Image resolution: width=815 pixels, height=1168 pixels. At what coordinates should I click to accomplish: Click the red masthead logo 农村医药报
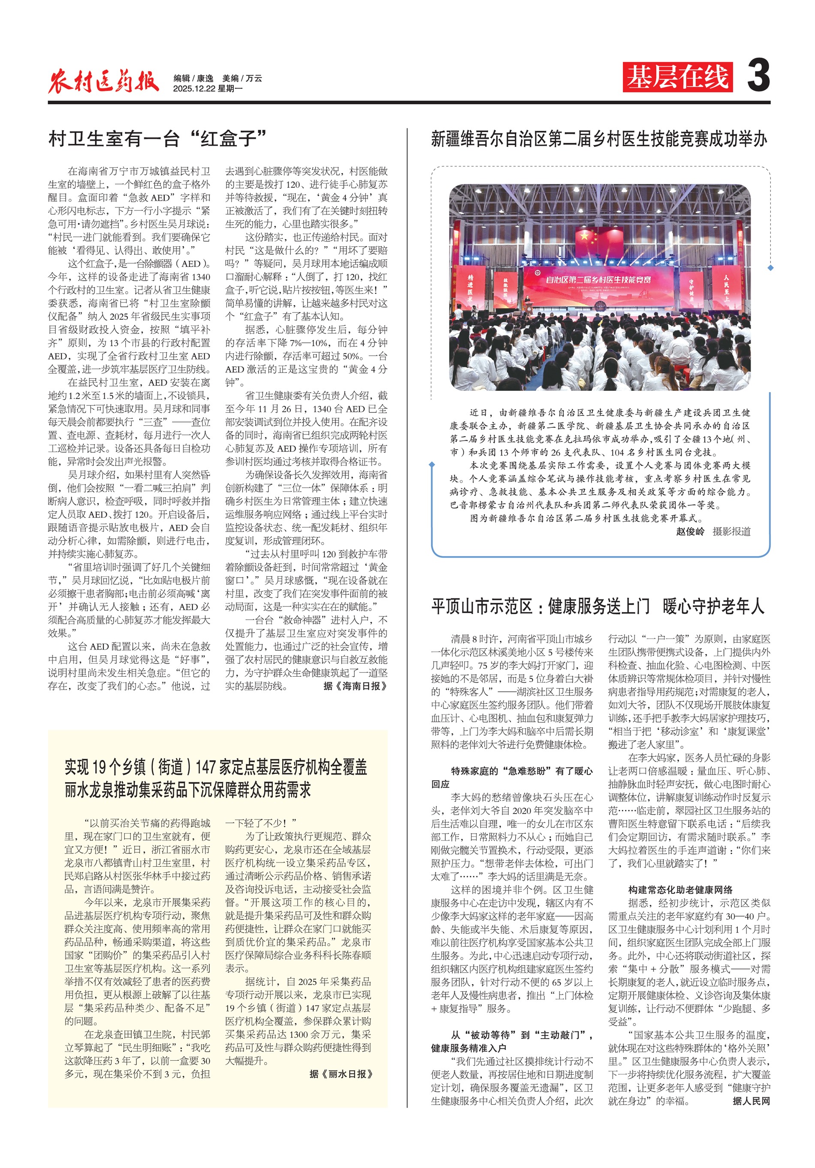click(x=103, y=81)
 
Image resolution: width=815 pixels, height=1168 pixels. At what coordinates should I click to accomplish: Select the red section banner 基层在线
click(x=677, y=77)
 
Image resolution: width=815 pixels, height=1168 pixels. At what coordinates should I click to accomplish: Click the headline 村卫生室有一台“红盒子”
click(x=157, y=138)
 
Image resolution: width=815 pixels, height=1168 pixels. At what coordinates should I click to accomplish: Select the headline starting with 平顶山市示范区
click(x=598, y=606)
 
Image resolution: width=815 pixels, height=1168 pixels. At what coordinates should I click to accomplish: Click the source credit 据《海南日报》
click(x=355, y=686)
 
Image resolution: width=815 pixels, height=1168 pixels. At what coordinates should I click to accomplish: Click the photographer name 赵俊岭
click(x=690, y=532)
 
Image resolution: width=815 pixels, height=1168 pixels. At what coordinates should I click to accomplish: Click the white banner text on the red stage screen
click(x=598, y=279)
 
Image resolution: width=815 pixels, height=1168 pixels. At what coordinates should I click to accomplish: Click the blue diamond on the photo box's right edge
click(x=770, y=268)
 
